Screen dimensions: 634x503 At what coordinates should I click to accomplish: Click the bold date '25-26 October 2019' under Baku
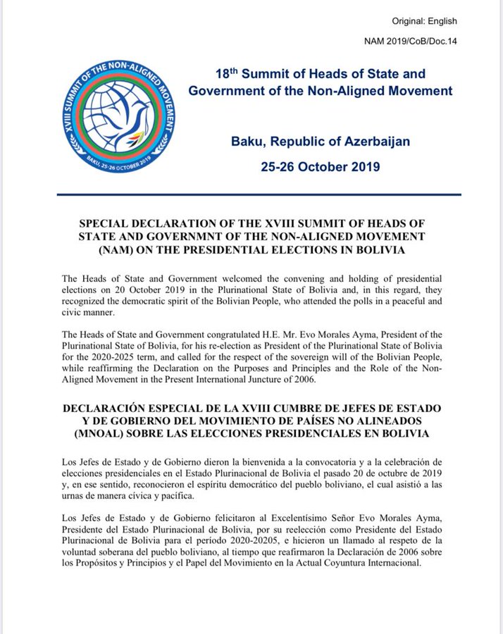pyautogui.click(x=321, y=168)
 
